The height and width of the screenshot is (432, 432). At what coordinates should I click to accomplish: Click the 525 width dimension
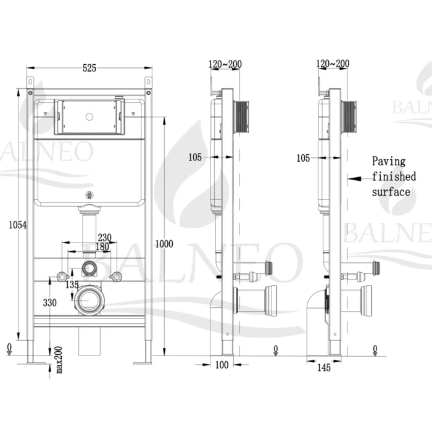point(89,69)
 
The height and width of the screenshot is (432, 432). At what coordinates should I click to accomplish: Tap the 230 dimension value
point(104,236)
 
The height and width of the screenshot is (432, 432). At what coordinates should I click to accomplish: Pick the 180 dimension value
point(104,247)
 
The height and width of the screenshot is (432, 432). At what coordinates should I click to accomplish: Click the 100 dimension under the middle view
point(222,365)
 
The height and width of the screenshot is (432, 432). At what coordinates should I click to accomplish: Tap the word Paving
point(389,162)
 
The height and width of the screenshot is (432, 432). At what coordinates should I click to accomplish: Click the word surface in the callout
point(391,191)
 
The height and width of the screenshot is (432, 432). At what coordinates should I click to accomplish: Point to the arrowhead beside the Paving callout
point(352,177)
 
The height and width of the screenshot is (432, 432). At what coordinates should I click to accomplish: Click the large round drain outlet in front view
point(89,301)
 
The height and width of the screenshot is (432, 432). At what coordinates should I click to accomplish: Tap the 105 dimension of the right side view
point(303,159)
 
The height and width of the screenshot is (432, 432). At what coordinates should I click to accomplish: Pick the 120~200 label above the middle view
point(225,64)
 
